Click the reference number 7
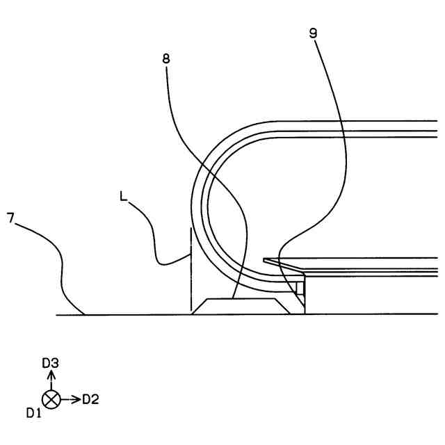(10, 218)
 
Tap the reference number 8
(165, 58)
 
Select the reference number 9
(314, 33)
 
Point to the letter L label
(123, 197)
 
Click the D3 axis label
(50, 362)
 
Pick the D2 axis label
(91, 399)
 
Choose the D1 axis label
(35, 413)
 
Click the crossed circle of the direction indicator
(51, 399)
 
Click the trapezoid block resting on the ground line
(240, 306)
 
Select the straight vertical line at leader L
(190, 271)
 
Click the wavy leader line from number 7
(56, 264)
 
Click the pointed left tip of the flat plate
(265, 260)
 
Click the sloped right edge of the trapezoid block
(283, 306)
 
